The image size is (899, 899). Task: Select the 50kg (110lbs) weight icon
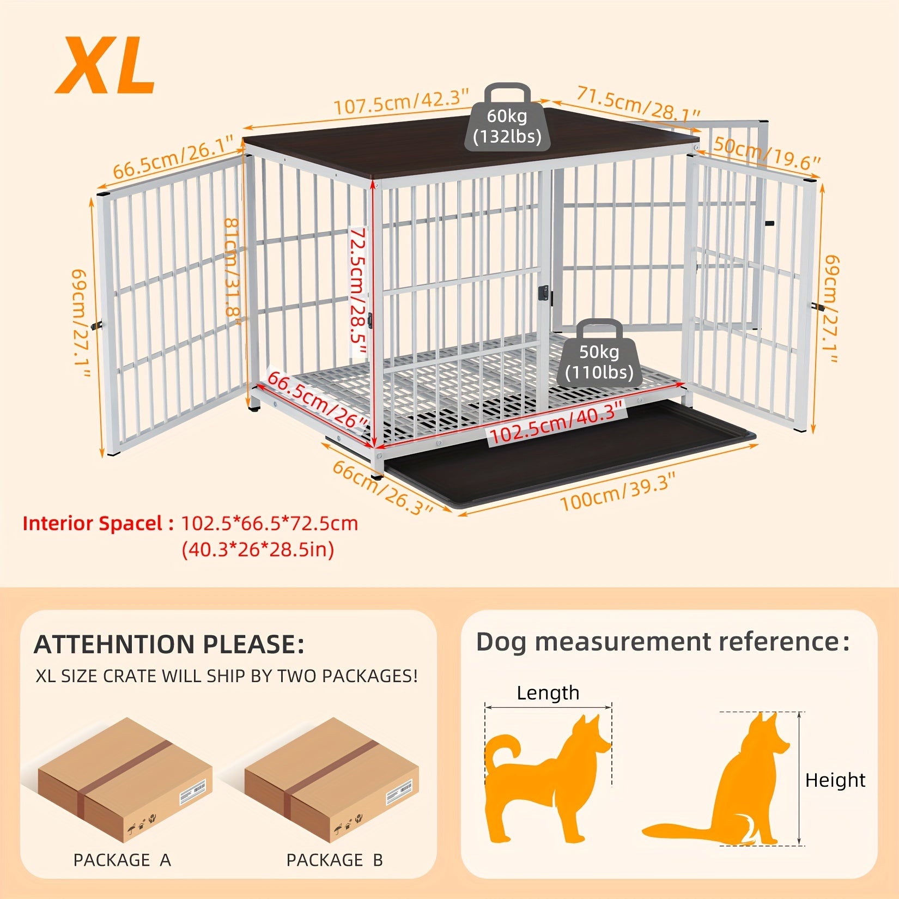point(599,354)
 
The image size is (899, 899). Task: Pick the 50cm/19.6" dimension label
point(767,154)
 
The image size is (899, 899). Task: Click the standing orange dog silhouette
point(548,779)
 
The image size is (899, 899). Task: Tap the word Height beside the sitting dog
point(835,780)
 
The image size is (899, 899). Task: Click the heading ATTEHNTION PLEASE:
point(169,644)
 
